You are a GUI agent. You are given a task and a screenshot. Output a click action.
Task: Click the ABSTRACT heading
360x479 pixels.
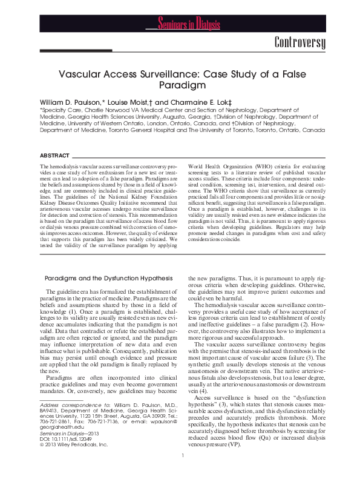point(53,155)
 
